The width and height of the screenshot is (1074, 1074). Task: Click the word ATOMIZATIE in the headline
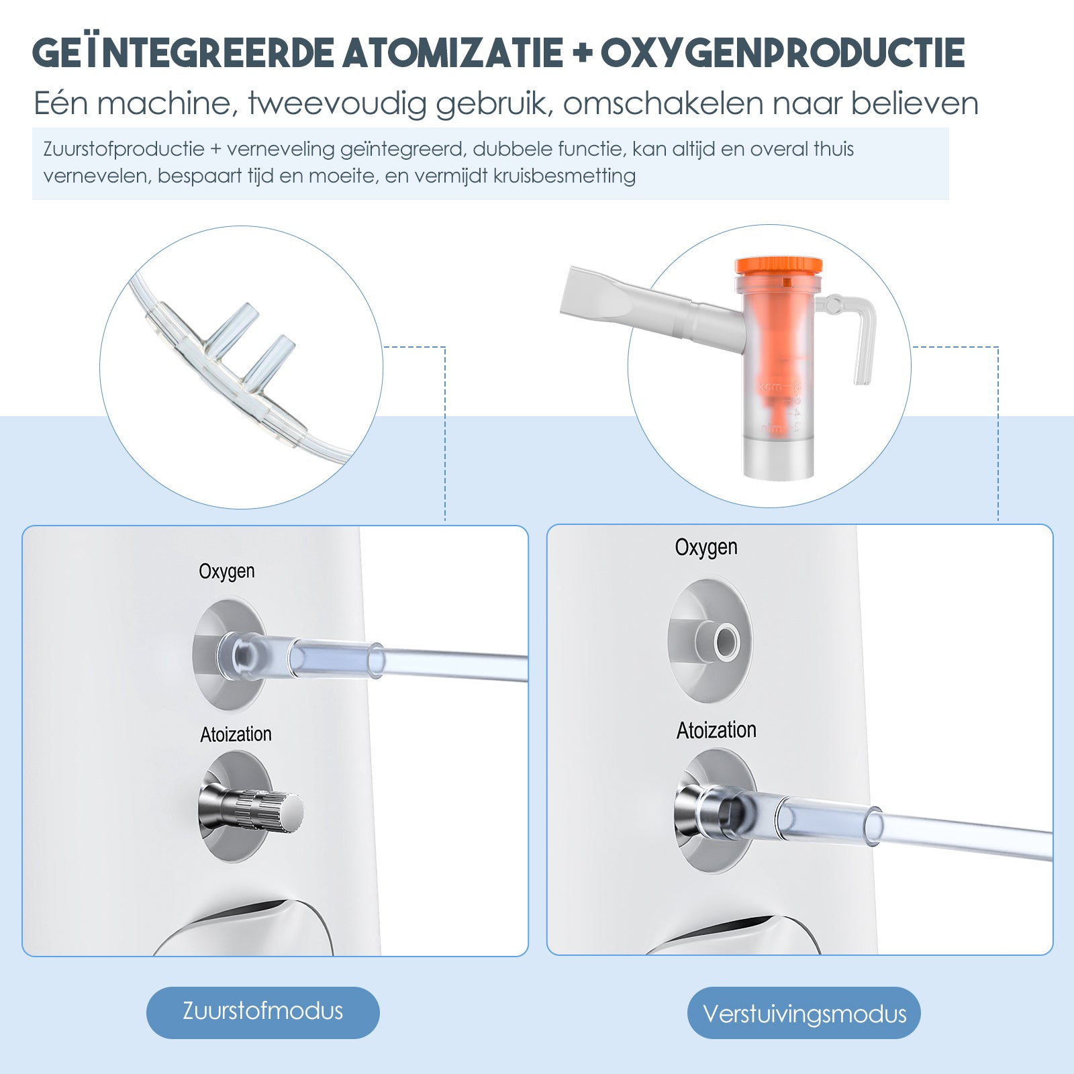coord(452,54)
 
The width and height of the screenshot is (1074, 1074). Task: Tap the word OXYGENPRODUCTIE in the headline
coord(783,54)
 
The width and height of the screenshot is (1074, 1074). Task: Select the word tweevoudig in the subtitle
coord(337,104)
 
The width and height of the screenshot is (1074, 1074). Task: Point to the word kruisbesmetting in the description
coord(564,176)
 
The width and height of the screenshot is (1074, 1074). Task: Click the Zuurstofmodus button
coord(262,1012)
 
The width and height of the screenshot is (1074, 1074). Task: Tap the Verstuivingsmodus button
coord(803,1013)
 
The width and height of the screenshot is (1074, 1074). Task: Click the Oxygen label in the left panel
coord(227,571)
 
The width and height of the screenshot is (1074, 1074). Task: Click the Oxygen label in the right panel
coord(706,548)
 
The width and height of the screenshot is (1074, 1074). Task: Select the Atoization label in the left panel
coord(236,734)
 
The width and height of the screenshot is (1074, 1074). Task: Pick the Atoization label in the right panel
coord(716,730)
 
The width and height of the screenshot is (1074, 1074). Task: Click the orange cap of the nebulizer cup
coord(779,266)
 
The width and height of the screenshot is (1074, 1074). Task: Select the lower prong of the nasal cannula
coord(268,356)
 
